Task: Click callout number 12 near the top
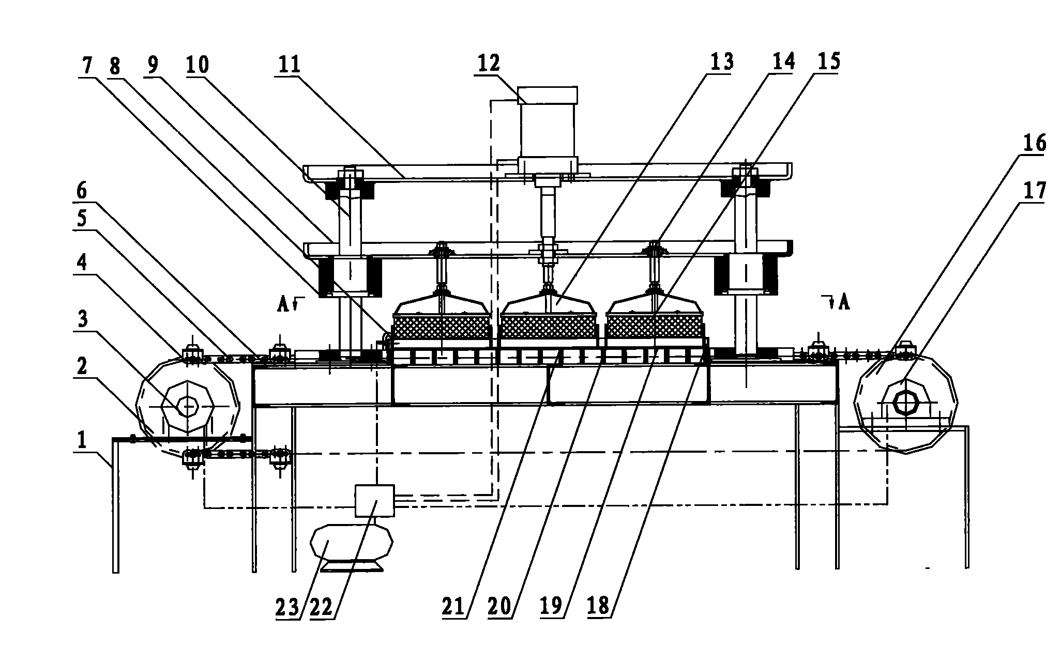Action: [489, 63]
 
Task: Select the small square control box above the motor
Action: [375, 500]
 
